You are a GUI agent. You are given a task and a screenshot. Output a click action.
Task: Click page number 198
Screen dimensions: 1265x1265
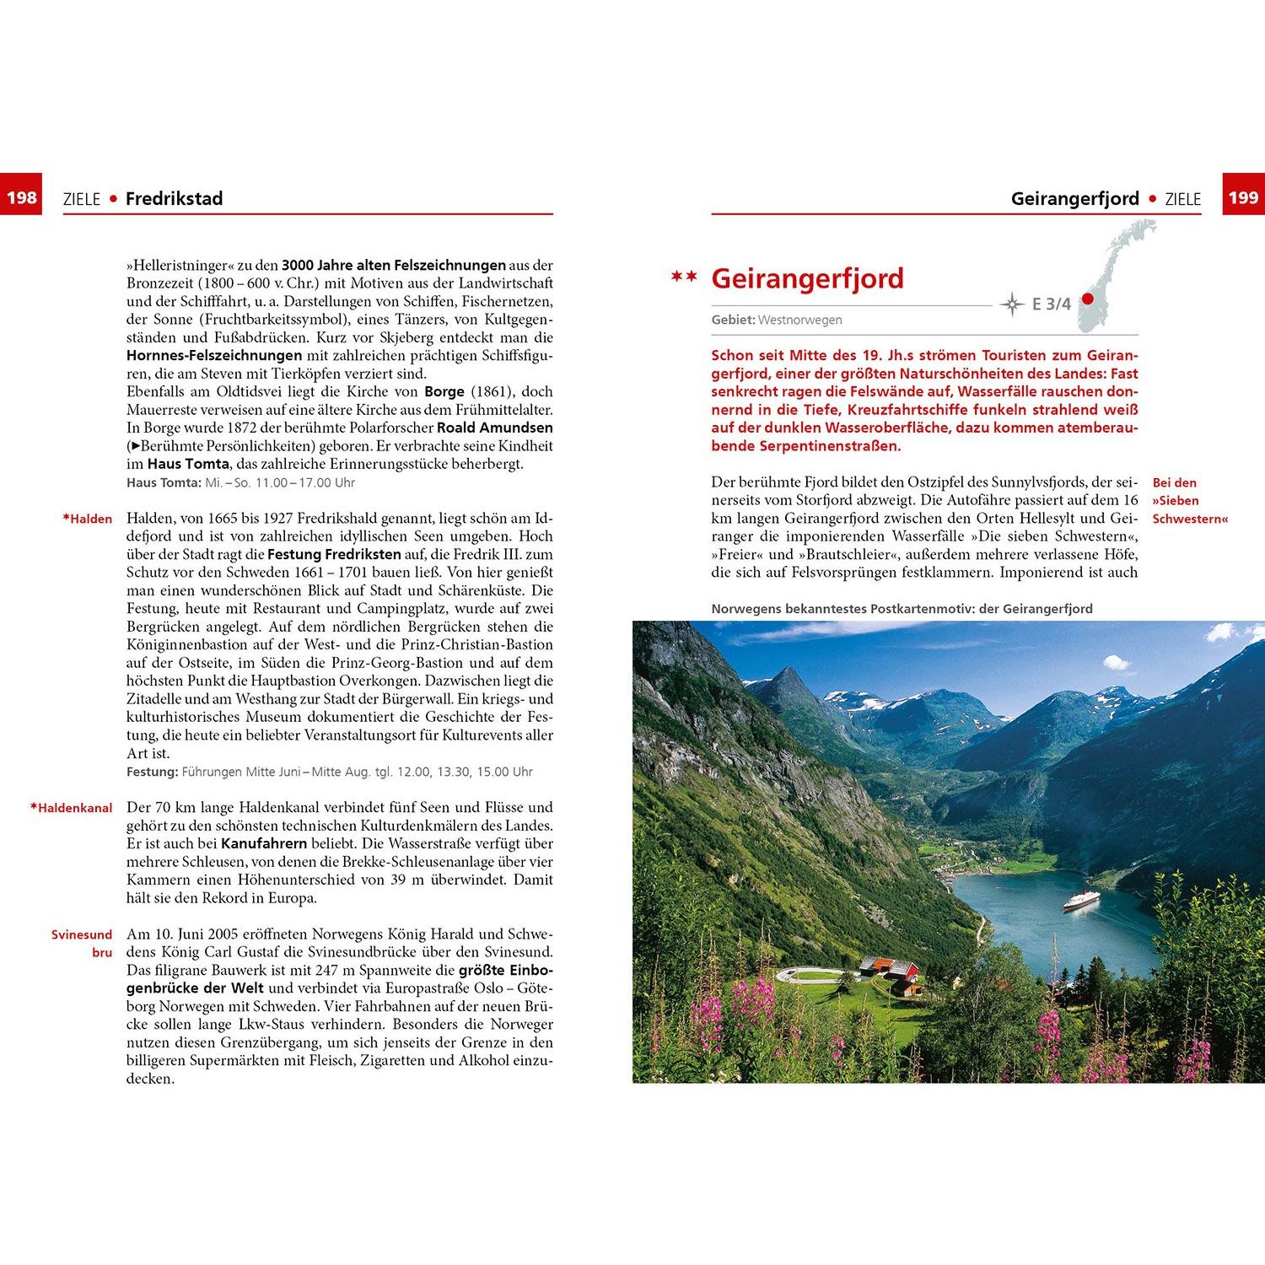(22, 198)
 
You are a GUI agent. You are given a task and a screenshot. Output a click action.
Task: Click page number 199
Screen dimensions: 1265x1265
(1243, 198)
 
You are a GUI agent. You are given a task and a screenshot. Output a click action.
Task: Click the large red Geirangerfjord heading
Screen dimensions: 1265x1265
(807, 278)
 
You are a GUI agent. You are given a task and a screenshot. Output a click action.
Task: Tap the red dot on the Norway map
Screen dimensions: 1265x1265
(1087, 299)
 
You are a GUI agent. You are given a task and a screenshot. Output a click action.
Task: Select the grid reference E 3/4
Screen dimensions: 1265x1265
(1051, 304)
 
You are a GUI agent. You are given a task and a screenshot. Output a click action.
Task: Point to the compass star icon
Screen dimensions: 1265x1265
(1012, 304)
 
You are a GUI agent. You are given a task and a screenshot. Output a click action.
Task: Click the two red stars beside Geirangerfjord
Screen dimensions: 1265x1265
(684, 277)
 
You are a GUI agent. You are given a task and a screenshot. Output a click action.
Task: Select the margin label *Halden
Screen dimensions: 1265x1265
(88, 519)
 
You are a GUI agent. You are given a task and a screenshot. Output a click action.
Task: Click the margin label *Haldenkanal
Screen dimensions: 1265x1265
(72, 808)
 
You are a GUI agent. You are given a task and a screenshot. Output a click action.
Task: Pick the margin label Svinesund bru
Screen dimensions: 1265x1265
(82, 944)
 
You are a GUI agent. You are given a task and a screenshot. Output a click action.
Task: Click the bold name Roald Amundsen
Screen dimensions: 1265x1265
(494, 428)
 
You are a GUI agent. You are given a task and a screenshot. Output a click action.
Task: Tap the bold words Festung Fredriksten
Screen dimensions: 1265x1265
(334, 554)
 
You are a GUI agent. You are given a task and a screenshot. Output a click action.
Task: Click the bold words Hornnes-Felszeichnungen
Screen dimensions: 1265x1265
(214, 356)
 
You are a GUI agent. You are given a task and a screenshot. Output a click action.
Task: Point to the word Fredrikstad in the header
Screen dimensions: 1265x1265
(174, 199)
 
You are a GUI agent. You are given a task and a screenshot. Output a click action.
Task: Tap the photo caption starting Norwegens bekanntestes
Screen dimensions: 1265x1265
(902, 609)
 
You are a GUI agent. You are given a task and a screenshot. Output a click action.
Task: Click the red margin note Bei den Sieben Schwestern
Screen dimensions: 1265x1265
(1189, 501)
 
